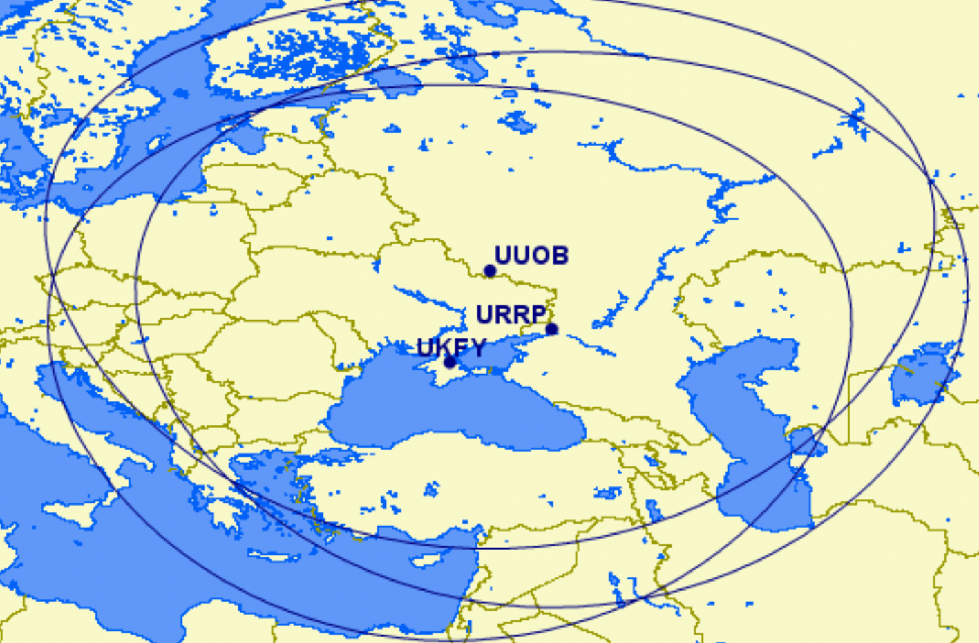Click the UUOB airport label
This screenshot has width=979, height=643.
531,256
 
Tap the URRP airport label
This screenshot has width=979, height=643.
511,315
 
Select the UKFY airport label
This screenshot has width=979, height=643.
451,347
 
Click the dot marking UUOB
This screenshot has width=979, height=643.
490,271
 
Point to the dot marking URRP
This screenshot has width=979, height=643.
551,329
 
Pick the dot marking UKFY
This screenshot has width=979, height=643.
450,362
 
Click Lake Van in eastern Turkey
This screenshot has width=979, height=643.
608,492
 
